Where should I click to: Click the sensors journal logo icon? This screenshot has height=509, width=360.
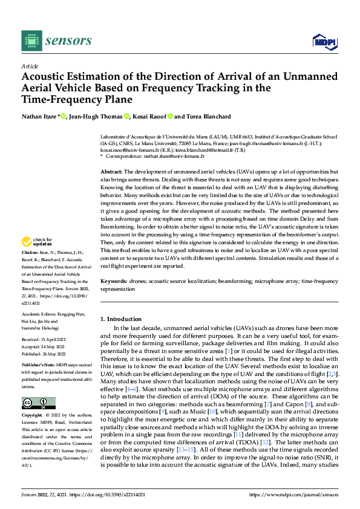coord(30,41)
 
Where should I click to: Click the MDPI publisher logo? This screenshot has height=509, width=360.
coord(324,41)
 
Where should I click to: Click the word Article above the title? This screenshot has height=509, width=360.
coord(30,66)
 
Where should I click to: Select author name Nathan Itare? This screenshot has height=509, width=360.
coord(39,117)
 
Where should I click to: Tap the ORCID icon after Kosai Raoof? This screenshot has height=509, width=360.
coord(171,117)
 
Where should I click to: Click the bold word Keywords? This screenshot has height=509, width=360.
coord(115,282)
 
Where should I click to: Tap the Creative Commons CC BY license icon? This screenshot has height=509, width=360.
coord(38,403)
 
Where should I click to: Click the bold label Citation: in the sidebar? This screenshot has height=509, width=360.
coord(30,269)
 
